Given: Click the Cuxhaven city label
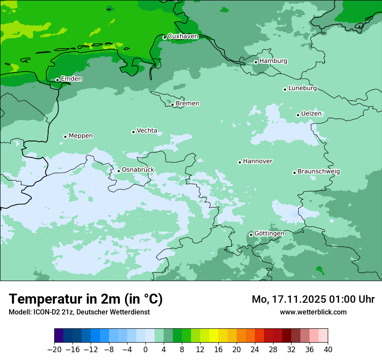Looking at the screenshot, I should point(183,36).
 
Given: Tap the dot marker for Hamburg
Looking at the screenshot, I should point(256,62).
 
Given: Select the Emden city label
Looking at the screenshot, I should point(71,79).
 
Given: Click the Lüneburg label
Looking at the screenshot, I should point(302,88).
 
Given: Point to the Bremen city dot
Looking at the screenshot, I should point(172,105).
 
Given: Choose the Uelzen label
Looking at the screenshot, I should point(311,114).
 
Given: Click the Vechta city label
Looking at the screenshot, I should point(147,131).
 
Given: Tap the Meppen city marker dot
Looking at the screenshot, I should point(65,137).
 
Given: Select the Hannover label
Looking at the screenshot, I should point(257,161).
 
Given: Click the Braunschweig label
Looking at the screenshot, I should point(319,171).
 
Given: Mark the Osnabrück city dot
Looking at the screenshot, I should point(119,171).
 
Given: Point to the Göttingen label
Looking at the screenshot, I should point(269,233).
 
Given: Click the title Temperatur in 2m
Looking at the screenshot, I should point(86,299).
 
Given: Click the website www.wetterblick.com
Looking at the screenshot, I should point(313,312).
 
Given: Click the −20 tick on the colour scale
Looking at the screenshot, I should point(55,350).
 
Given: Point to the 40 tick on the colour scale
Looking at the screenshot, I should point(328,350).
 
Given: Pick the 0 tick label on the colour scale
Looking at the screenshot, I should point(145,350).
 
